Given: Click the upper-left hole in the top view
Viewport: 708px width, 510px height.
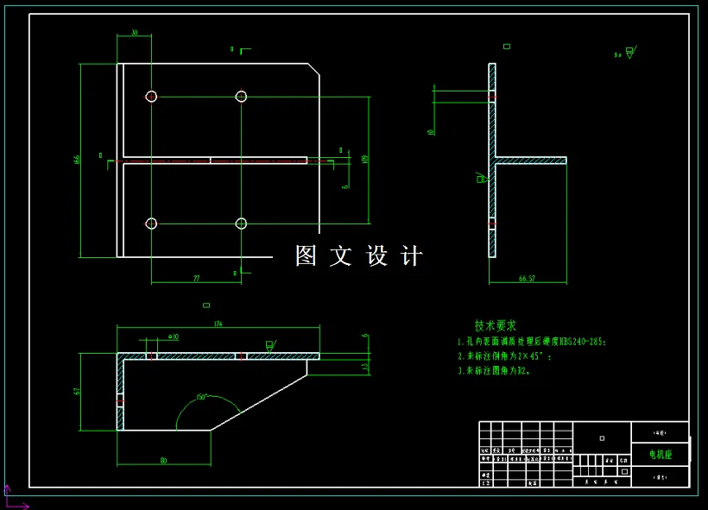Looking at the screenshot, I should [151, 96].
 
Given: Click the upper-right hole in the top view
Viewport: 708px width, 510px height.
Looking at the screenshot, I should [241, 96].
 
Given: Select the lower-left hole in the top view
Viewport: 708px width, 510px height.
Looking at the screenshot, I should [151, 224].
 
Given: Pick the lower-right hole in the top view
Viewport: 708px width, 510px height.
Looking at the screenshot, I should [241, 224].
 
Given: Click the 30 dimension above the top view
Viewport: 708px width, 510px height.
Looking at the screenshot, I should [134, 33].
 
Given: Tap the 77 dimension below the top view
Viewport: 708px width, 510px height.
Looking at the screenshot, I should [196, 278].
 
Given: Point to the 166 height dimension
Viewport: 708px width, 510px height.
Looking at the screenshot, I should [77, 160].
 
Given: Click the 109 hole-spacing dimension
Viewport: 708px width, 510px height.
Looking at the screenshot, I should [365, 160].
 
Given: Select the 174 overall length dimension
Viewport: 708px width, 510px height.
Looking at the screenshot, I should [218, 324].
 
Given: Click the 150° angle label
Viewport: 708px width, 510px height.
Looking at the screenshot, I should [201, 397].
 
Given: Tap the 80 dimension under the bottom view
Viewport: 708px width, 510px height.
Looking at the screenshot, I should [163, 460].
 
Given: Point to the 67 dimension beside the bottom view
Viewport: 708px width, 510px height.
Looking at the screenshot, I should [77, 391].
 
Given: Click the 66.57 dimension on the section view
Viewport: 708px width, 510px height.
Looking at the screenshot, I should [527, 278].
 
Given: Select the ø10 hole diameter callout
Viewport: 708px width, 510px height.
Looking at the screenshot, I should [173, 337].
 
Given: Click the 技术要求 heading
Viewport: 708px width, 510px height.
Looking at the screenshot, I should [496, 325].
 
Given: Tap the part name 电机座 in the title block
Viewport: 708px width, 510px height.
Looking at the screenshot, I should [661, 454].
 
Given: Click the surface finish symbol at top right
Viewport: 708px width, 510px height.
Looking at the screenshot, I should [629, 53].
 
